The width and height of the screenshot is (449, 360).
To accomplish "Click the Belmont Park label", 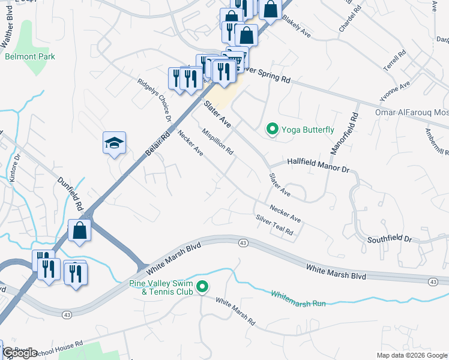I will [30, 56].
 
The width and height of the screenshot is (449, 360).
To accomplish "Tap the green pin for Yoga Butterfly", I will [272, 129].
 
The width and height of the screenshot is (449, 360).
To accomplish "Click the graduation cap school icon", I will [114, 143].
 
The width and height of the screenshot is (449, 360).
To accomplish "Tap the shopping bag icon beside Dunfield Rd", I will [79, 230].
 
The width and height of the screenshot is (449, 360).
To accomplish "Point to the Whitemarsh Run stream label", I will [298, 299].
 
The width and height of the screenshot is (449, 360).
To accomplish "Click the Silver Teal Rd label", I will [274, 225].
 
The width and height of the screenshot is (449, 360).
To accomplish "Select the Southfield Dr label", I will [390, 239].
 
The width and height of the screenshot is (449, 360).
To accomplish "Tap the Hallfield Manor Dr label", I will [318, 166].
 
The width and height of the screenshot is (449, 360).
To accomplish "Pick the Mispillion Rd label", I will [218, 142].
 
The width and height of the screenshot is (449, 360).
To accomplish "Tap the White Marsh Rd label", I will [235, 312].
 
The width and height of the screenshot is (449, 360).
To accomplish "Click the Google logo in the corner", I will [20, 352].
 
